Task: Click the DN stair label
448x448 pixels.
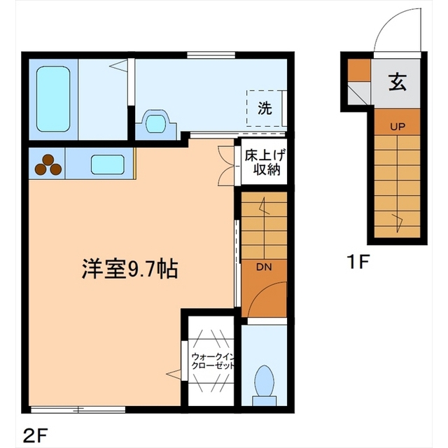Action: (x=264, y=267)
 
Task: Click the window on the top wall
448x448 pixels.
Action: (x=211, y=55)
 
